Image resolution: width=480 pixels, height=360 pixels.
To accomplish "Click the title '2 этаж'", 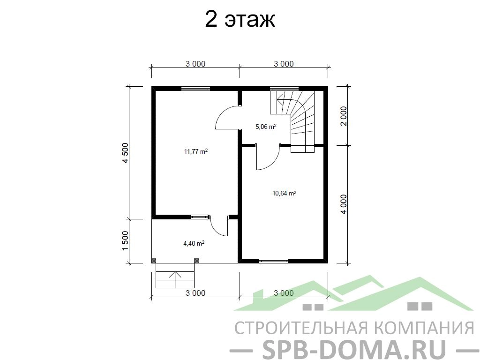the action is point(240,20).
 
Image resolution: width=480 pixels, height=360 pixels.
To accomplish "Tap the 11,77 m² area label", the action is point(196,151).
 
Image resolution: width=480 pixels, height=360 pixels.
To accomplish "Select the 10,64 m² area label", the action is point(284,193).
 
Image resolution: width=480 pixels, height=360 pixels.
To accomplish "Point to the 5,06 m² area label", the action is point(266,127).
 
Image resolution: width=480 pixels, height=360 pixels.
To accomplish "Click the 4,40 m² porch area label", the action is point(194,243).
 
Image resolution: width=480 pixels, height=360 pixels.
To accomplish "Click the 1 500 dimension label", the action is point(126,241).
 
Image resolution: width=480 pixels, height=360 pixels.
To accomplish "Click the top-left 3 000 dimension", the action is point(195,64).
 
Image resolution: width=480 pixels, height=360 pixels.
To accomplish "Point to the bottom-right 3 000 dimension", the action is point(284,293).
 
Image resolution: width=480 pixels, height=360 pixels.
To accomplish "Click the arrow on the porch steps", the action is point(175,279).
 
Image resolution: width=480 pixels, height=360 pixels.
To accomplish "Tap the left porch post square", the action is point(154,261).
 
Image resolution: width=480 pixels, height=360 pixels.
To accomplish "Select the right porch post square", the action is point(197,261).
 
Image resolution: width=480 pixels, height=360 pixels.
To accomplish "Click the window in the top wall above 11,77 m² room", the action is point(195,89).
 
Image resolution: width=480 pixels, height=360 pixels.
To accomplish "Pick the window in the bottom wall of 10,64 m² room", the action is point(274,261).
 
